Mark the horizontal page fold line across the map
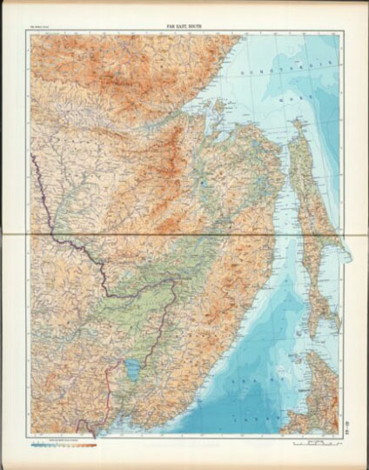point(184,234)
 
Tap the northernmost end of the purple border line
point(32,155)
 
